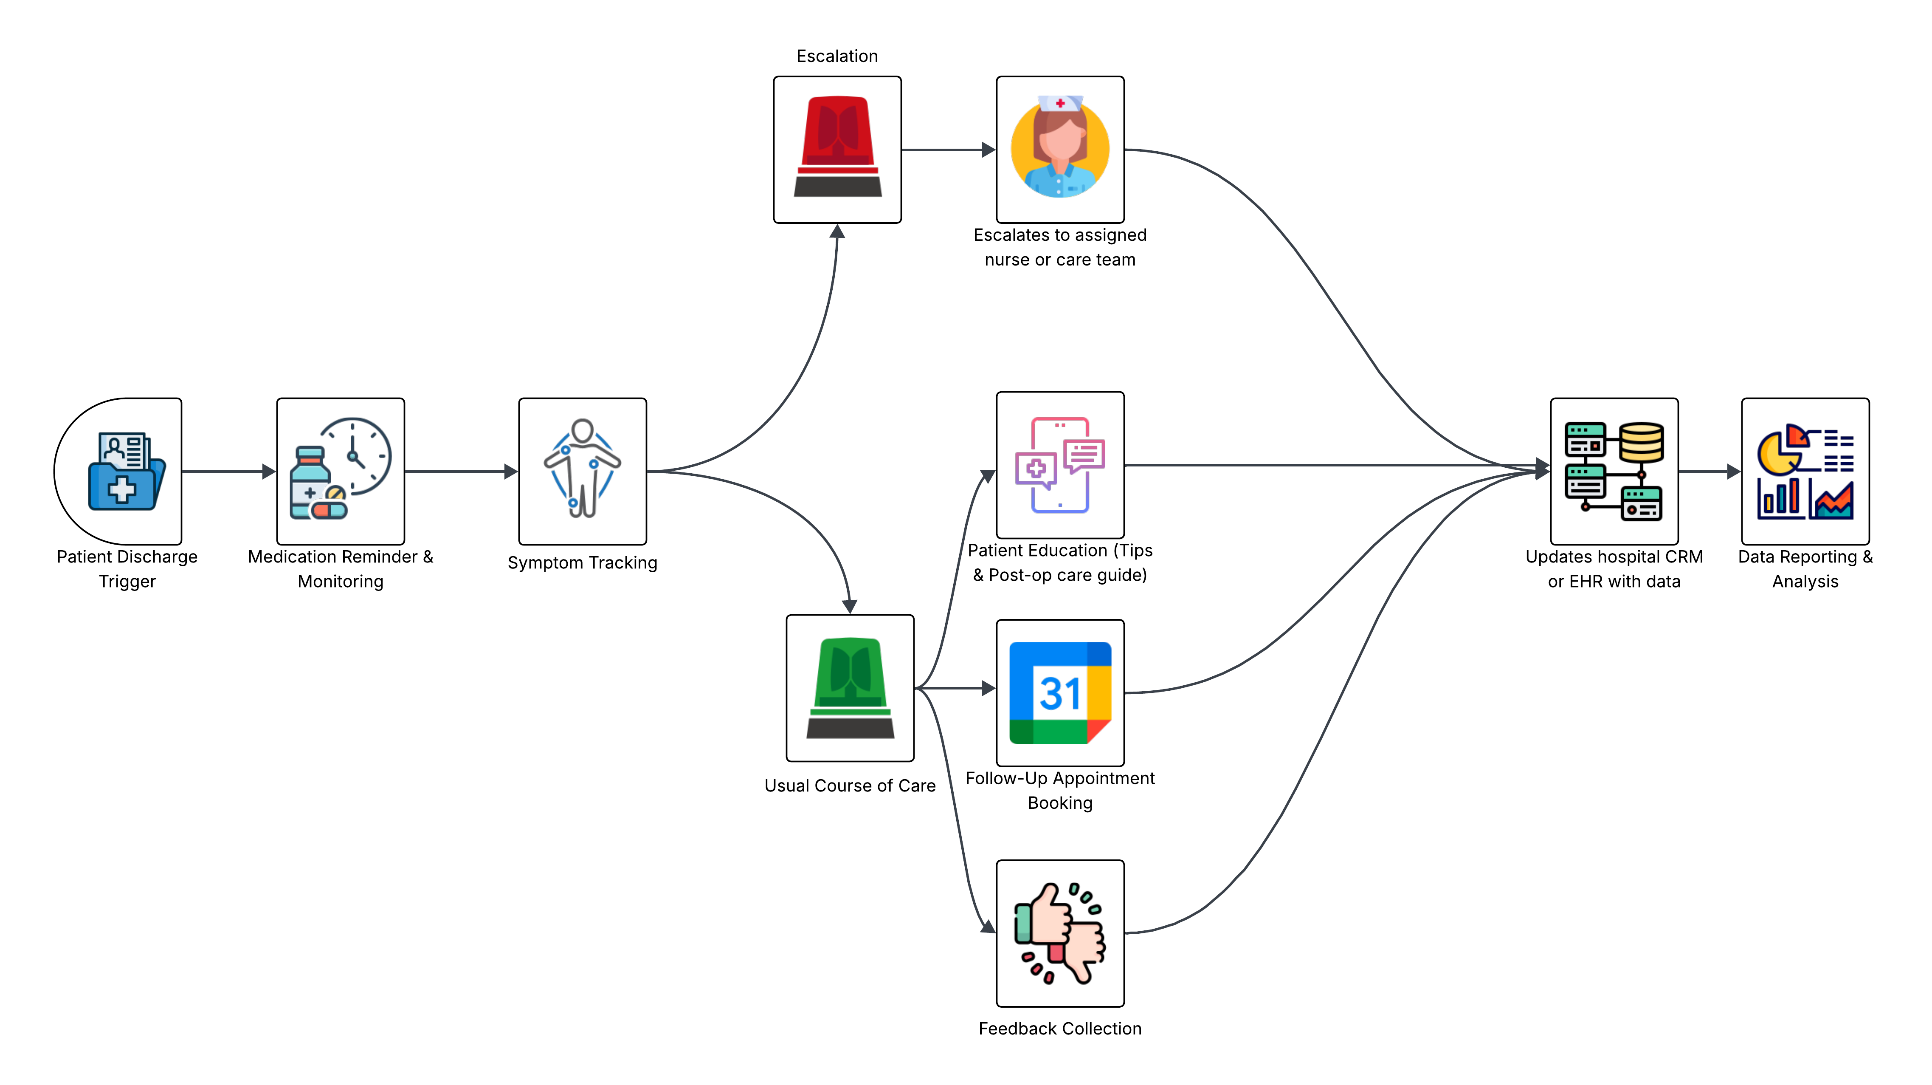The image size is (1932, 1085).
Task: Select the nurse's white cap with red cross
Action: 1060,103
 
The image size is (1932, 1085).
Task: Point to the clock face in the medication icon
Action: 356,455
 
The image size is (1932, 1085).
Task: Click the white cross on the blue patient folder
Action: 121,490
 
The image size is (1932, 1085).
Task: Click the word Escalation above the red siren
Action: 837,56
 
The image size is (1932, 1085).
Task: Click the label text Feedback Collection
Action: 1060,1029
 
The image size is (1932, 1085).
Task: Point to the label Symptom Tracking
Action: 582,563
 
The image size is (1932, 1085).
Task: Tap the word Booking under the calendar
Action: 1060,803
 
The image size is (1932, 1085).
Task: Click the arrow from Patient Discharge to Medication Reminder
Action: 229,471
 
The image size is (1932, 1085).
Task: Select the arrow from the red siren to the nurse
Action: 948,150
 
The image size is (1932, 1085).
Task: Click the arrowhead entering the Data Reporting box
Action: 1732,471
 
